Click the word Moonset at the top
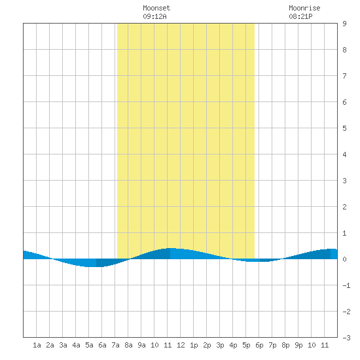[156, 8]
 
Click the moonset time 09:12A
[154, 16]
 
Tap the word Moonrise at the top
[304, 8]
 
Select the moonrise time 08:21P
[300, 16]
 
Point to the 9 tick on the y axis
[344, 24]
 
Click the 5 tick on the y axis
[344, 128]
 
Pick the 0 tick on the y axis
[344, 259]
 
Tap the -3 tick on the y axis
[346, 338]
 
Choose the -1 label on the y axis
[346, 285]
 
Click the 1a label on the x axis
[37, 345]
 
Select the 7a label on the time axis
[115, 345]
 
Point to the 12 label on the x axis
[181, 345]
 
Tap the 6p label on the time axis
[259, 345]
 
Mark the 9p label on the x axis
[298, 345]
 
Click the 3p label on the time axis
[220, 345]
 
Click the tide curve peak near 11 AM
[171, 248]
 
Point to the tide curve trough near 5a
[92, 267]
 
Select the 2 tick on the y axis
[344, 207]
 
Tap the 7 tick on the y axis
[344, 76]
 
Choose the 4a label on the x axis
[76, 345]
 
